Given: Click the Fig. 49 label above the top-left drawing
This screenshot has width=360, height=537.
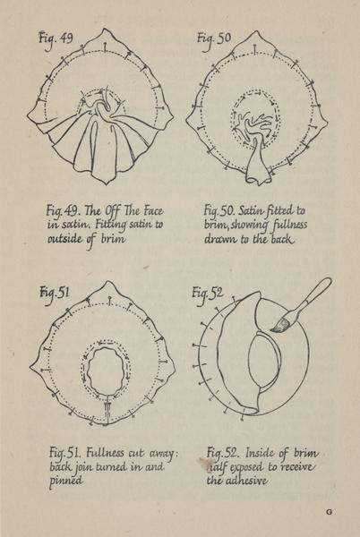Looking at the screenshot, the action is coord(56,38).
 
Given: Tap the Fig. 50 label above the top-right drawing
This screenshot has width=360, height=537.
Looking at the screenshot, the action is coord(214,39).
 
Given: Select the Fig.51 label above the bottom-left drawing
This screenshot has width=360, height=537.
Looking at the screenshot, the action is coord(54,294).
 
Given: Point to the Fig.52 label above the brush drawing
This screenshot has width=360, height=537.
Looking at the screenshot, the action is coord(207,294).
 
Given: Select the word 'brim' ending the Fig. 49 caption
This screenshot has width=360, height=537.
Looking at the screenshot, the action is coord(113,238).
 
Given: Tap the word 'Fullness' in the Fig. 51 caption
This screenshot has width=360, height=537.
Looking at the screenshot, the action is coord(105,453).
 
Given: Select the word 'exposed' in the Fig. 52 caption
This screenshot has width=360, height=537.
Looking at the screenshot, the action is coord(247,467).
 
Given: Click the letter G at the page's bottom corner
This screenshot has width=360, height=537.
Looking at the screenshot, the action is coord(329,512).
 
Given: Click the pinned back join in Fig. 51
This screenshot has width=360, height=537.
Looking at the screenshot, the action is coord(107,409).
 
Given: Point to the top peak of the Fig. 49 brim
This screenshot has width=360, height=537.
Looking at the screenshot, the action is coord(105,30).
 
